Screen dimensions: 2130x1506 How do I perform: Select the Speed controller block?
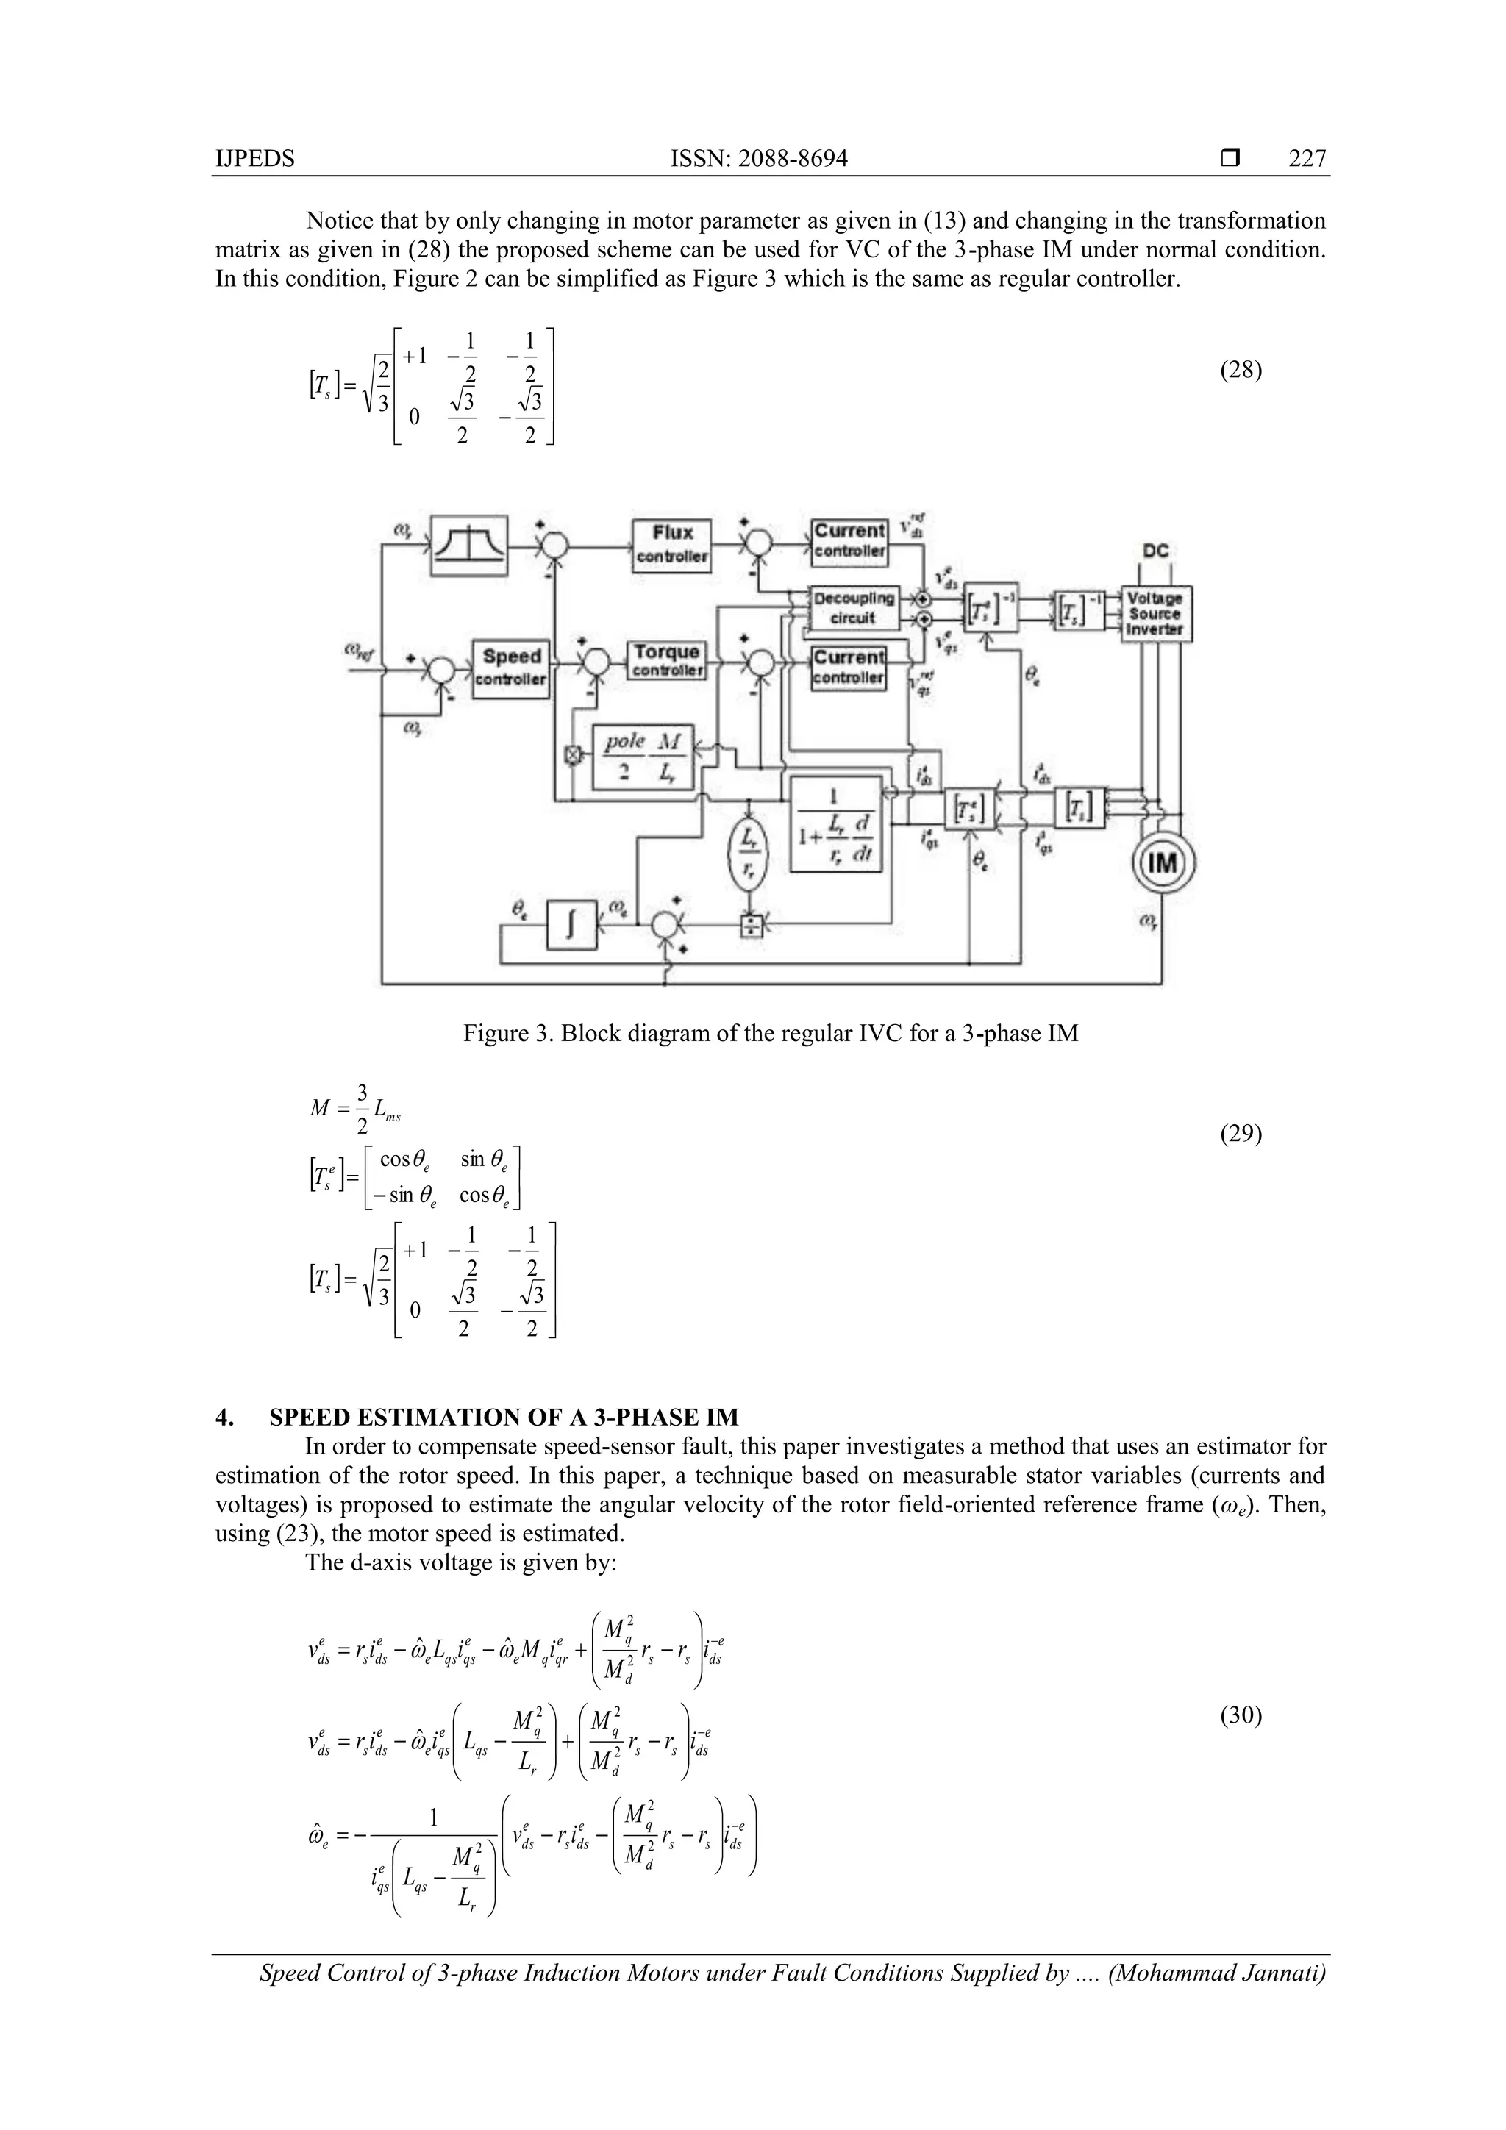pos(510,668)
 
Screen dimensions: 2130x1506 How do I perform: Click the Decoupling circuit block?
pos(853,607)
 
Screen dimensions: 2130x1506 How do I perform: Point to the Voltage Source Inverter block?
pos(1155,613)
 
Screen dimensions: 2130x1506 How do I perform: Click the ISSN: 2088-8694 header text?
pos(758,160)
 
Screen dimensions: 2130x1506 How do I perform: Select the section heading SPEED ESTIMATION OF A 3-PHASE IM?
pos(503,1418)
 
